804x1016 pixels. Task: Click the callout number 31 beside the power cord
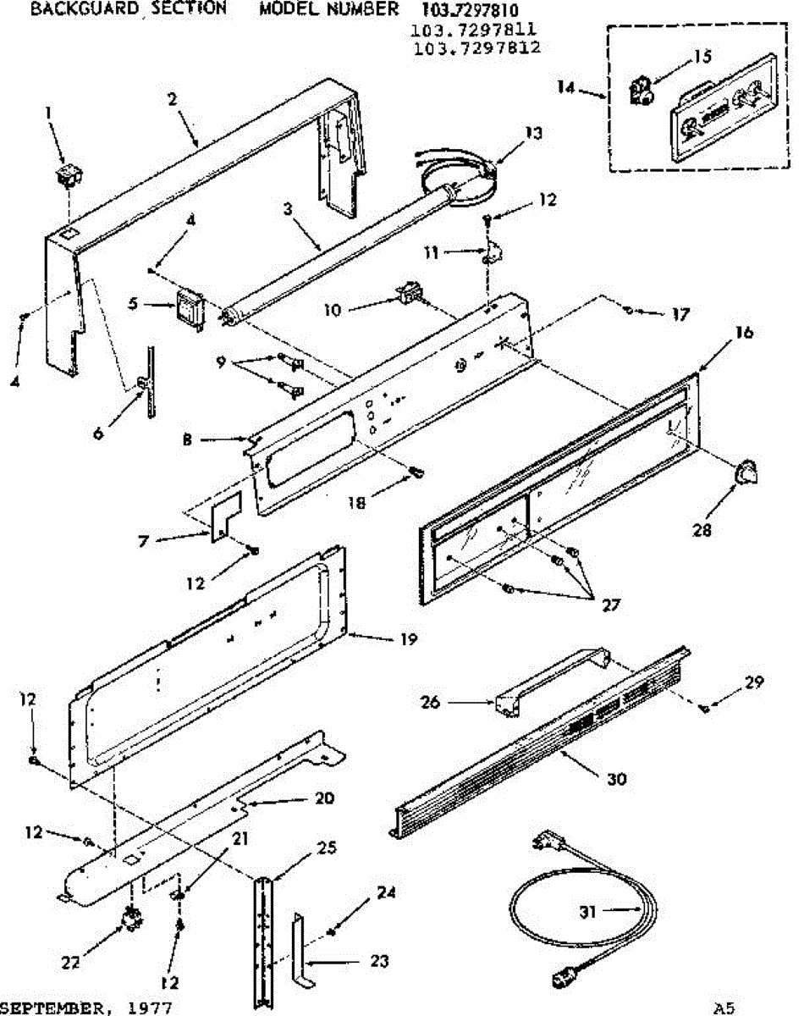click(588, 912)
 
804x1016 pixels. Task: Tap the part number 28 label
click(701, 532)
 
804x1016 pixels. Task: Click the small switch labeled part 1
click(67, 175)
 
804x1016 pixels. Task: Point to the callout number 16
click(743, 332)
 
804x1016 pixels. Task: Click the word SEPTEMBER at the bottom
click(51, 1008)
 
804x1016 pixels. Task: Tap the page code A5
click(724, 1008)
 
